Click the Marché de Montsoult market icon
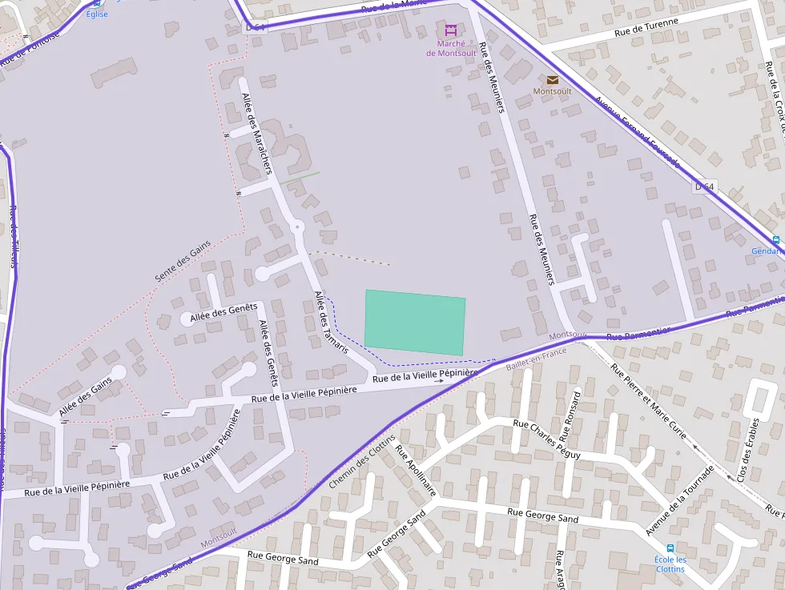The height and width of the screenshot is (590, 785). [x=450, y=30]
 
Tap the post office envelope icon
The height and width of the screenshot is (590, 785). [x=553, y=79]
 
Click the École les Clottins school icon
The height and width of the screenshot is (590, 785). [x=670, y=548]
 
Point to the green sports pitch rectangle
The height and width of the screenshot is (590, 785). [x=415, y=323]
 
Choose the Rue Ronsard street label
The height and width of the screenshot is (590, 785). [x=570, y=417]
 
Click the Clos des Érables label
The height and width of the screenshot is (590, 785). [x=747, y=449]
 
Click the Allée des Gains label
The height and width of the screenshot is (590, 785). [x=86, y=398]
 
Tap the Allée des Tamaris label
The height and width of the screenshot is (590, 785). [x=332, y=322]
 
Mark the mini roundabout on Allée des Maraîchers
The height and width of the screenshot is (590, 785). [x=297, y=227]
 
